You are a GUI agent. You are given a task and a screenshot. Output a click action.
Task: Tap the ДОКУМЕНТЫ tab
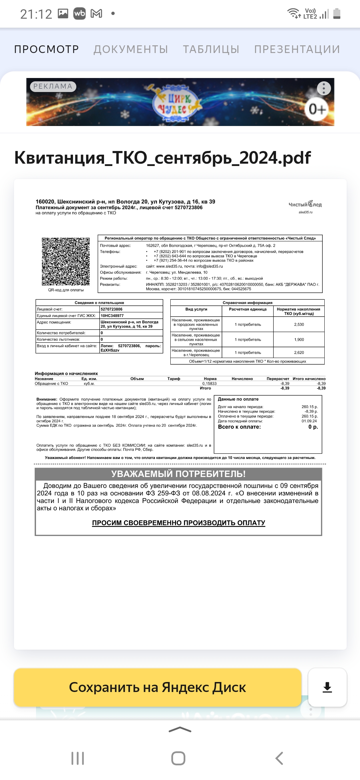coord(131,49)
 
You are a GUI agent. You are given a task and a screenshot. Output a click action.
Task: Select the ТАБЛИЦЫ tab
coord(211,49)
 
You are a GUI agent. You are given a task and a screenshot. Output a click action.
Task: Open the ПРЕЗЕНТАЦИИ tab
coord(297,49)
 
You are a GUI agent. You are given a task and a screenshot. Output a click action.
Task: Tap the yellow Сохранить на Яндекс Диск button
coord(157,687)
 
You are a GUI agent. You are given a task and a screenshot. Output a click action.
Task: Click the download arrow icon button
coord(327,687)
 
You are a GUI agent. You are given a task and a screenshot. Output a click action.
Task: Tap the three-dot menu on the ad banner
coord(324,88)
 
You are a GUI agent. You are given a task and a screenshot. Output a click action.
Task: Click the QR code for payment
coord(66,262)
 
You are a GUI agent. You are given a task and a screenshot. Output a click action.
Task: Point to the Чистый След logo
coord(305,205)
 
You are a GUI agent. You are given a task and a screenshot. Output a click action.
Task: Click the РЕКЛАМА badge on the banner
coord(53,86)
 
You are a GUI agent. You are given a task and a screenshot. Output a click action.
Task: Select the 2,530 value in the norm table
coord(299,324)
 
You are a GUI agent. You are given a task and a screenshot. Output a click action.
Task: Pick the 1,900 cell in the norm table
coord(299,340)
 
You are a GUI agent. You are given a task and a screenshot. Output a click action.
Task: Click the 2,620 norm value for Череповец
coord(299,352)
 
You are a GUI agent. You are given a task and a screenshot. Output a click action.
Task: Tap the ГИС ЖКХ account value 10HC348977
coord(112,316)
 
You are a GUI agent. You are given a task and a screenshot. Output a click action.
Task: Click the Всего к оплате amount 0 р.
coord(313,427)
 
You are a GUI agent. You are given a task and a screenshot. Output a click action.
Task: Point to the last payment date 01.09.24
coord(309,421)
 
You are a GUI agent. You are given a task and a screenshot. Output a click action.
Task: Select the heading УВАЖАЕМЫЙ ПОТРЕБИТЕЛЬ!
coord(178,474)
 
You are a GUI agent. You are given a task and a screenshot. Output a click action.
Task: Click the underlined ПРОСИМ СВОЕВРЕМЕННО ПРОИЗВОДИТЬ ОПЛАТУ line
coord(179,523)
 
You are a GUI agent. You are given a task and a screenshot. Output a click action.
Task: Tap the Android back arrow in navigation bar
coord(279,758)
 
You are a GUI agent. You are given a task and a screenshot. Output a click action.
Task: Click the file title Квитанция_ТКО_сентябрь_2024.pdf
coord(163,158)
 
